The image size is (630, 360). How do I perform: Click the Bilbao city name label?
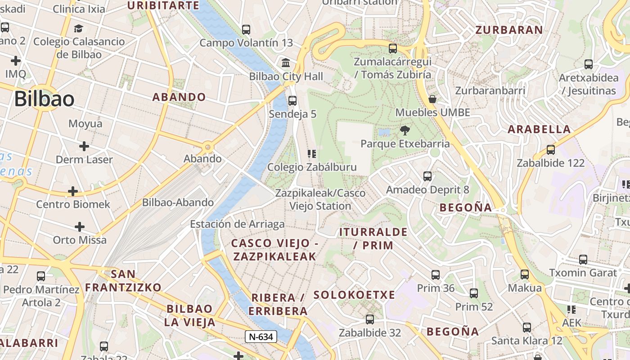44,99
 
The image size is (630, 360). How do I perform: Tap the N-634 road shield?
261,337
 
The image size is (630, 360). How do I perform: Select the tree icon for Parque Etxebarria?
405,131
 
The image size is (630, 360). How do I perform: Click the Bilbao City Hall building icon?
285,63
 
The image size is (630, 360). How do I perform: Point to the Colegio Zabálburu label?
312,167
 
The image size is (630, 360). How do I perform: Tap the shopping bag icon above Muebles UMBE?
432,99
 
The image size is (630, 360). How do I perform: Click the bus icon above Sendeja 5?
292,101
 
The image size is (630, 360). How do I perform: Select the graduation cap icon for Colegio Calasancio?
79,29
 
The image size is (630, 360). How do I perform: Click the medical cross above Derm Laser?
84,146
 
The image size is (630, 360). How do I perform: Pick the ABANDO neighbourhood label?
179,97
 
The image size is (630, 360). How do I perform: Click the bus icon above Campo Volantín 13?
246,30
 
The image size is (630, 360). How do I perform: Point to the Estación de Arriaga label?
237,224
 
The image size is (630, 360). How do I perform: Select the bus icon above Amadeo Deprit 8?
427,176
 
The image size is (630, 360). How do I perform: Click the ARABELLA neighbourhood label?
539,130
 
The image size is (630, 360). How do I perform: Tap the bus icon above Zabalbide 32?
370,319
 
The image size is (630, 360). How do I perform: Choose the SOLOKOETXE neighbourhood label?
354,295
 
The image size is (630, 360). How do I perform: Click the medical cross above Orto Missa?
80,226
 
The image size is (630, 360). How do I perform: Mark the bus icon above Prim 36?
436,275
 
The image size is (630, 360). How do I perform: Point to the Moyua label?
85,123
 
